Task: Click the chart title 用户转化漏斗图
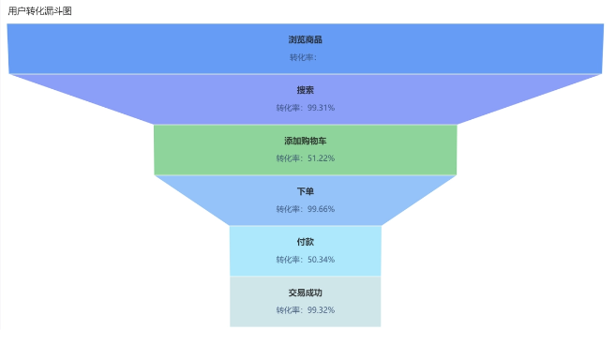click(39, 11)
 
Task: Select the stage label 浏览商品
click(305, 40)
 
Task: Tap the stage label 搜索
click(305, 91)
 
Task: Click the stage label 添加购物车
click(305, 142)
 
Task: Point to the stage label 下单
click(305, 192)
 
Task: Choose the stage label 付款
click(305, 243)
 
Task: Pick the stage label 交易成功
click(305, 293)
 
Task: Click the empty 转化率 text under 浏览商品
click(303, 57)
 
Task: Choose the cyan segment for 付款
click(253, 251)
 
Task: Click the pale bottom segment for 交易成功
click(253, 302)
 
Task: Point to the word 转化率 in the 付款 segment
click(289, 260)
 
